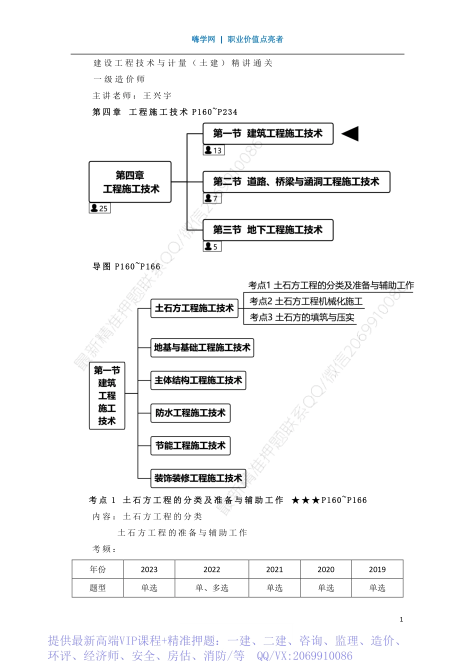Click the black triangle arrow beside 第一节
pos(350,133)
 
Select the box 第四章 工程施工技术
pos(130,182)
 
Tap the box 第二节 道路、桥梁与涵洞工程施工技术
pos(296,181)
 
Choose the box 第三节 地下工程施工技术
pos(267,230)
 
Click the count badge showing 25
pos(99,208)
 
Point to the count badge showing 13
pos(213,150)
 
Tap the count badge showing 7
pos(212,198)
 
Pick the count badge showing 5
pos(212,246)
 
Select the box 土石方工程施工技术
pos(194,308)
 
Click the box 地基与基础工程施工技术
pos(202,347)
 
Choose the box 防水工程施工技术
pos(190,413)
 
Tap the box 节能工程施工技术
pos(190,445)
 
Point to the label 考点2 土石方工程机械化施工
pos(306,301)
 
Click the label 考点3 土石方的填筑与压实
pos(302,317)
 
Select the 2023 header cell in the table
pos(149,569)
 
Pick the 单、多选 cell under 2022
pos(211,588)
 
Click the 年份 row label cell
pos(97,569)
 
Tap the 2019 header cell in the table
pos(377,569)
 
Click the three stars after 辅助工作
pos(305,500)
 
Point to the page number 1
pos(401,619)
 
